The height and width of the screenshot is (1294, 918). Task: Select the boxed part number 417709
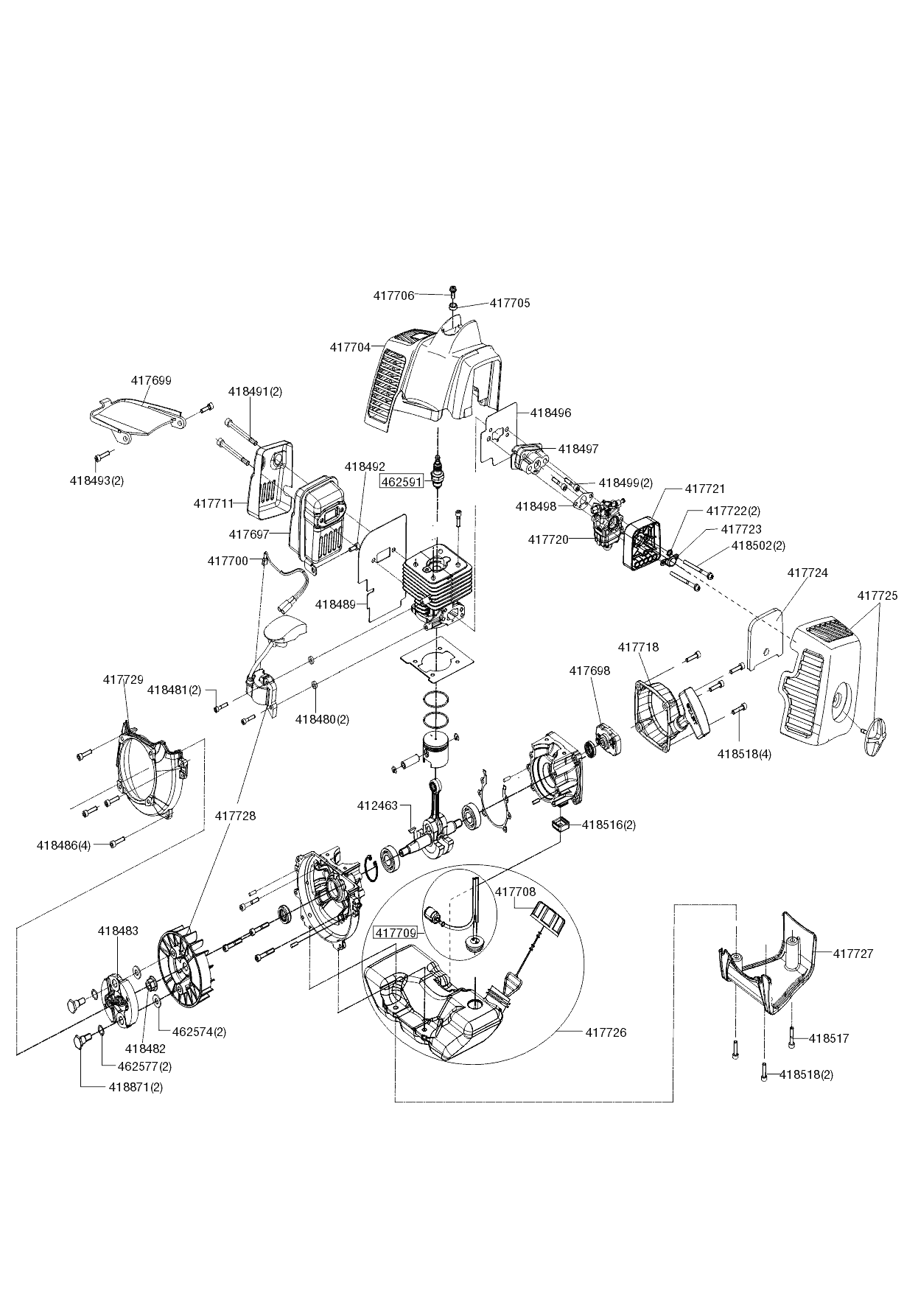pos(396,933)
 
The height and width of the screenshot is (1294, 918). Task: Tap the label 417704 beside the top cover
pos(350,347)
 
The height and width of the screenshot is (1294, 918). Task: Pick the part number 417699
pos(151,381)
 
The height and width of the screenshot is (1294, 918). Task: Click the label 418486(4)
pos(63,845)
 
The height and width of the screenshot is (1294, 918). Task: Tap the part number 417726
pos(606,1032)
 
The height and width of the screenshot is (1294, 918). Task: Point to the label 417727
pos(853,954)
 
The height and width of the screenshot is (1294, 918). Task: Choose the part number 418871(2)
pos(136,1087)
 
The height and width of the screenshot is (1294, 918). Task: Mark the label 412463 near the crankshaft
pos(377,806)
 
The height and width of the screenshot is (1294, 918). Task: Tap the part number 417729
pos(123,679)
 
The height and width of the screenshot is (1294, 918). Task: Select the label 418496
pos(550,413)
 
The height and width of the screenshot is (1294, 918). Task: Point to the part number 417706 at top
pos(394,295)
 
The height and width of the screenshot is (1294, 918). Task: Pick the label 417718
pos(638,647)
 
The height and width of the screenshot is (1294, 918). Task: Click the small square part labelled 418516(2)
pos(561,823)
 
